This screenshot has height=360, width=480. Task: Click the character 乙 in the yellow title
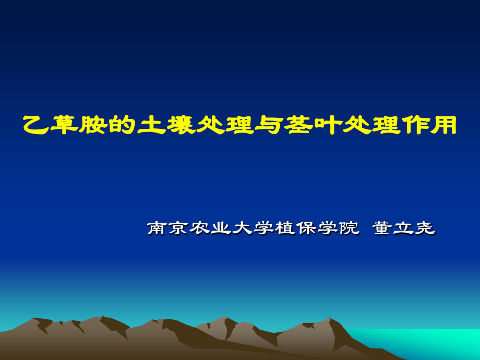(x=36, y=125)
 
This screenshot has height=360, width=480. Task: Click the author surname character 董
(x=384, y=228)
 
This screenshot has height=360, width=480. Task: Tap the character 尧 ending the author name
(x=425, y=228)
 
